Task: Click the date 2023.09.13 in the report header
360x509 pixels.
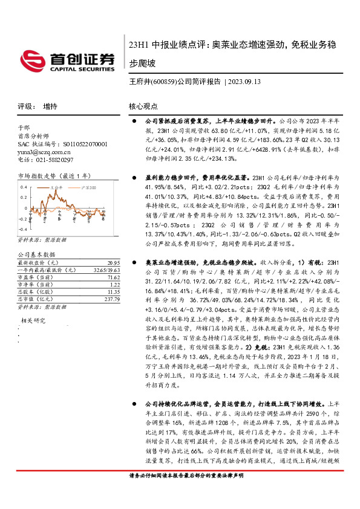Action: [246, 82]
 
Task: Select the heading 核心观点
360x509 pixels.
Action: [143, 106]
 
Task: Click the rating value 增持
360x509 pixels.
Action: [50, 106]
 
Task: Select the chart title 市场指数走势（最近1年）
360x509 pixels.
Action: [53, 176]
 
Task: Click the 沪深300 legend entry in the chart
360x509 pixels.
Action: [87, 187]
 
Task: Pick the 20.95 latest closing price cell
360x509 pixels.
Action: [111, 263]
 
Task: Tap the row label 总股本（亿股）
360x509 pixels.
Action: [36, 291]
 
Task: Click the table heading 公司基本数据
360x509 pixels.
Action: [36, 255]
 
